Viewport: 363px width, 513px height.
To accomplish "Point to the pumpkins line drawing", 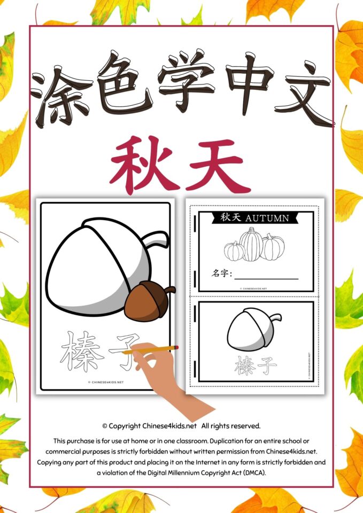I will point(254,244).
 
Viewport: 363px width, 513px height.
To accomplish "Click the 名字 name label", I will point(220,275).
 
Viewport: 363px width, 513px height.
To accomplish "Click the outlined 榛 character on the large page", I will point(83,351).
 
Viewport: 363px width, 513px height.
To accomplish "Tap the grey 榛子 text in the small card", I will point(256,366).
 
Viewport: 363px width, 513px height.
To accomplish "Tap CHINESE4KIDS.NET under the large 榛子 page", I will point(106,383).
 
